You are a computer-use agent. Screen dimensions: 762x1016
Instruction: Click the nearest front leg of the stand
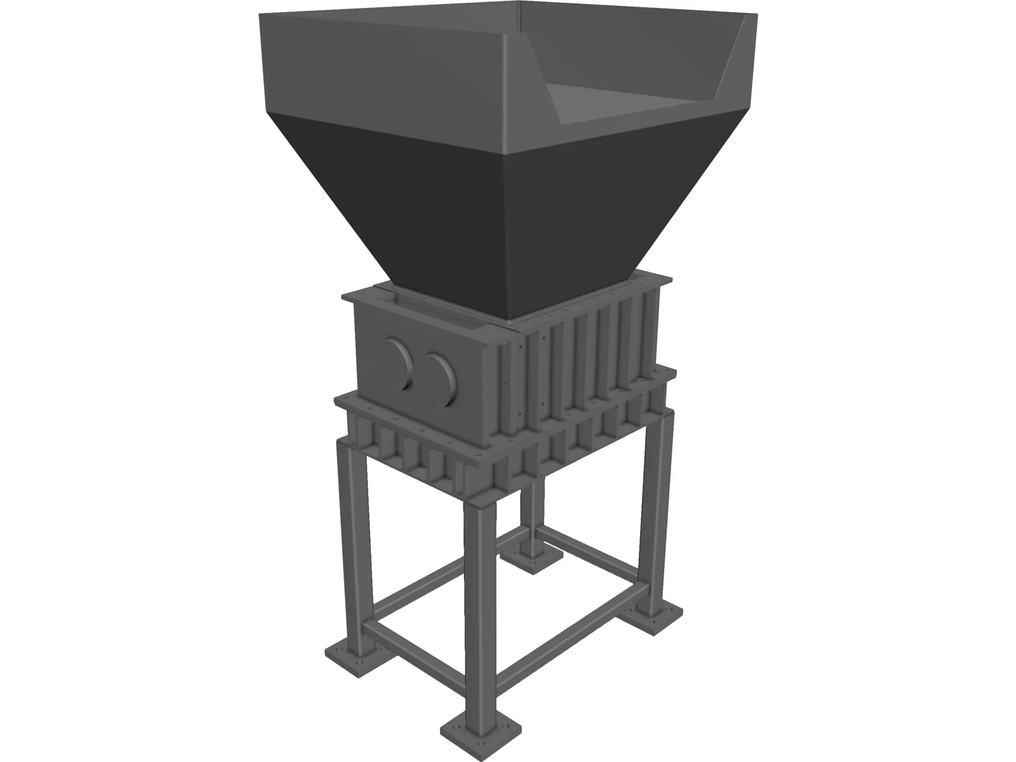coord(476,591)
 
